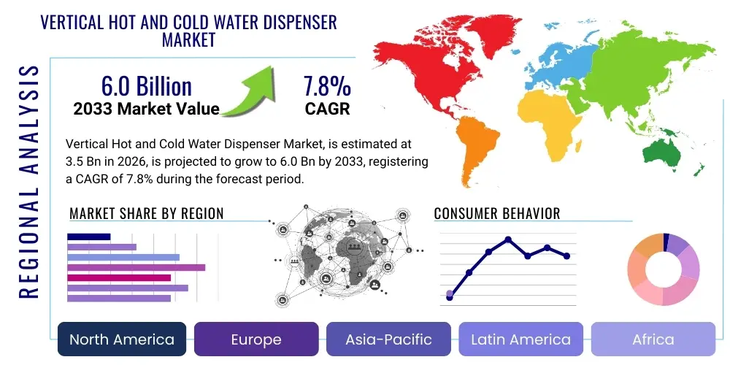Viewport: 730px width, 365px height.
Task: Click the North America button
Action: coord(121,339)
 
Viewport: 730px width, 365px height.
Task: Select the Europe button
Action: coord(256,339)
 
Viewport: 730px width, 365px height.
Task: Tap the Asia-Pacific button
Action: coord(388,339)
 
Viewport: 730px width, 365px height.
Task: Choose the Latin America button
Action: coord(520,339)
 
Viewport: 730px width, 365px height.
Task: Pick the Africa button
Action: coord(653,339)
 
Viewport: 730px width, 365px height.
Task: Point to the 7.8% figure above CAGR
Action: coord(327,87)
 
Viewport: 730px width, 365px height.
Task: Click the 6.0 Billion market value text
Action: coord(146,86)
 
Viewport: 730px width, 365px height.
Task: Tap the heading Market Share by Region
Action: coord(146,214)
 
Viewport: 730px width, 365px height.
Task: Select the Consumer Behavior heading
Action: coord(497,214)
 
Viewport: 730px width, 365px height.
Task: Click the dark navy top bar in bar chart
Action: coord(88,237)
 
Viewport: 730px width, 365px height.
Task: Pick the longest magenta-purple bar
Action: coord(136,267)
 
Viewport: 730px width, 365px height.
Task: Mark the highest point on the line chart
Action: coord(508,239)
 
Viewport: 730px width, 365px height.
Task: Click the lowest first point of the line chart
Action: coord(450,297)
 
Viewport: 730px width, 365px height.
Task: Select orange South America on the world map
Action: coord(467,150)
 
